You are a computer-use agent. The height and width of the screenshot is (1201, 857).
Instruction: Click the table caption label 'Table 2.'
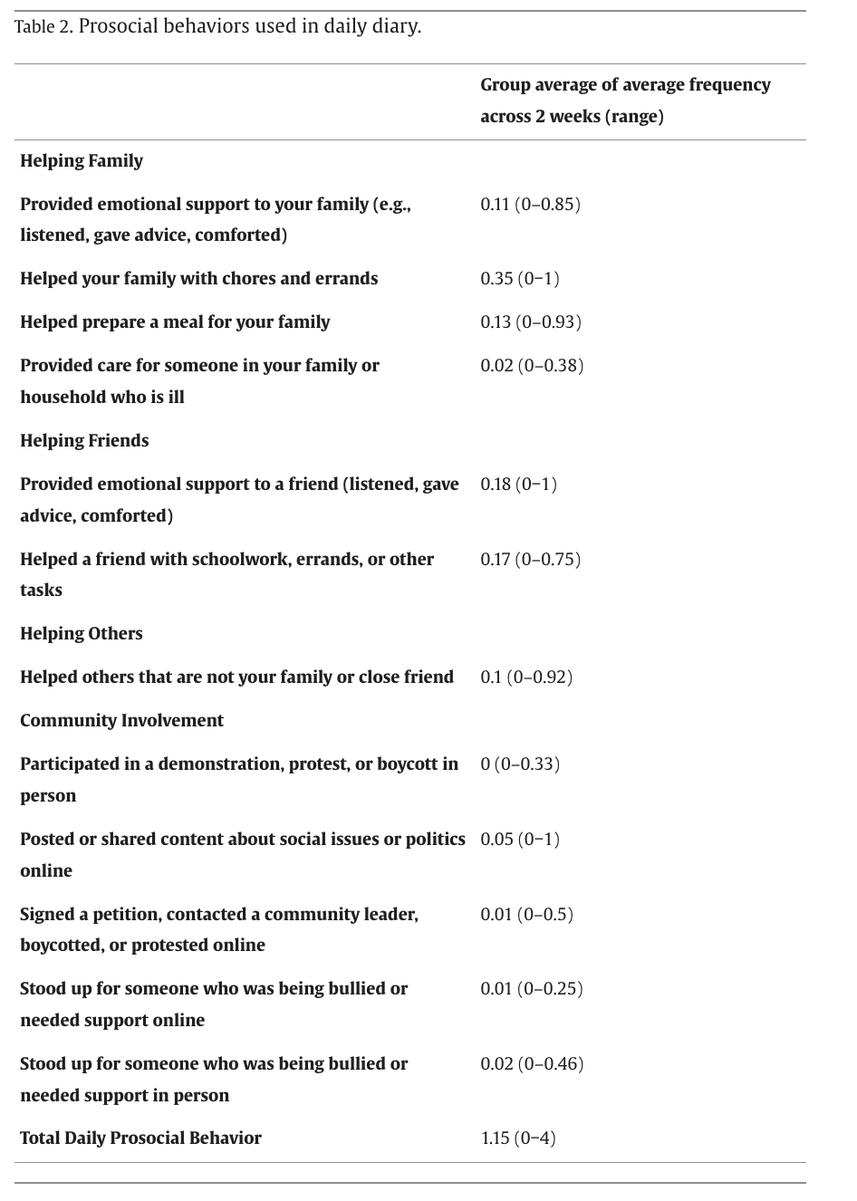pyautogui.click(x=43, y=26)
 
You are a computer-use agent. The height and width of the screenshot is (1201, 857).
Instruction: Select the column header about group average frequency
pyautogui.click(x=625, y=101)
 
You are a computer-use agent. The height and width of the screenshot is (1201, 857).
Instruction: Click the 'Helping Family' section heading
pyautogui.click(x=82, y=161)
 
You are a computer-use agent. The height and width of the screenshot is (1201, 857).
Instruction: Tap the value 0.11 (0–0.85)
pyautogui.click(x=530, y=204)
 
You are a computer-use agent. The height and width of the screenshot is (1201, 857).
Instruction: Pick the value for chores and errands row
pyautogui.click(x=520, y=278)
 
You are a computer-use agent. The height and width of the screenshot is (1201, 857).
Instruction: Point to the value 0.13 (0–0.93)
pyautogui.click(x=531, y=322)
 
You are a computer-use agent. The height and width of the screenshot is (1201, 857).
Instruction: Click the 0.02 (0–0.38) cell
pyautogui.click(x=532, y=365)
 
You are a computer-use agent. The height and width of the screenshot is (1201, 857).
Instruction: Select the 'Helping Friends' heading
pyautogui.click(x=84, y=440)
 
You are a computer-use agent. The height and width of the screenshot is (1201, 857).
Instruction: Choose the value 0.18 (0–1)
pyautogui.click(x=518, y=484)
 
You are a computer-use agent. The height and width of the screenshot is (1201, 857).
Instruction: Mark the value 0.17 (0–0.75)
pyautogui.click(x=530, y=559)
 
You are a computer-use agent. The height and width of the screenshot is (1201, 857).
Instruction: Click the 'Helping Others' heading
pyautogui.click(x=82, y=633)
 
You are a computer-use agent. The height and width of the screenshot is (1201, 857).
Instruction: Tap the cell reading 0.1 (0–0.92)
pyautogui.click(x=526, y=677)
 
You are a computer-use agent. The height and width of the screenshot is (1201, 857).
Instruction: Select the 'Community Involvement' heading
pyautogui.click(x=121, y=720)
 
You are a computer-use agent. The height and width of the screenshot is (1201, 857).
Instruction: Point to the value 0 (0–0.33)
pyautogui.click(x=520, y=764)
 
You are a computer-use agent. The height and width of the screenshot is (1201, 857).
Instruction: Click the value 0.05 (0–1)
pyautogui.click(x=520, y=839)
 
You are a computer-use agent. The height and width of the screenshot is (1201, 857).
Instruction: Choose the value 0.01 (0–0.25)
pyautogui.click(x=532, y=988)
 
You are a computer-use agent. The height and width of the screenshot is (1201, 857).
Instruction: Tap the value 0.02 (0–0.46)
pyautogui.click(x=532, y=1063)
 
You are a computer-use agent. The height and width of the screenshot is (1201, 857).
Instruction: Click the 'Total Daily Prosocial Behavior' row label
pyautogui.click(x=140, y=1138)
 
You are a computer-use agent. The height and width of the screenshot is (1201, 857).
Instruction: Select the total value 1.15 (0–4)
pyautogui.click(x=517, y=1138)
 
